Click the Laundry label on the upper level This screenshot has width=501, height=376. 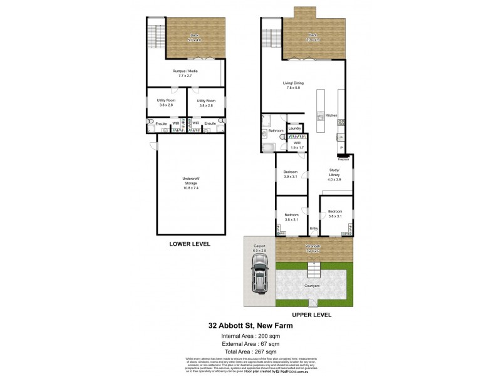pos(295,128)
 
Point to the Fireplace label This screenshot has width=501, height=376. pos(343,160)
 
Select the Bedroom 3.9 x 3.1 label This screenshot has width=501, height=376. pos(290,174)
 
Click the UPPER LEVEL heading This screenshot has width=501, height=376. pos(311,315)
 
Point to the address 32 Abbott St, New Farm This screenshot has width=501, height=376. pos(250,326)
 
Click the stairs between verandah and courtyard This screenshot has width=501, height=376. pos(313,269)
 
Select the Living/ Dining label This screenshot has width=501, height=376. pos(293,85)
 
